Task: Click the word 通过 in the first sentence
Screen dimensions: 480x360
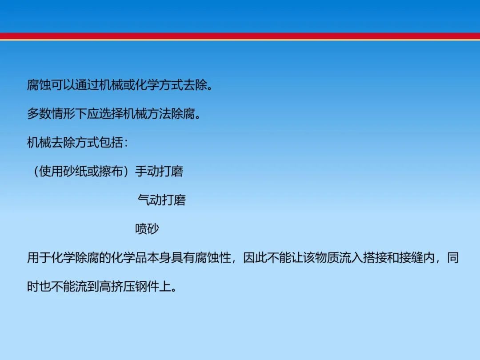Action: coord(87,85)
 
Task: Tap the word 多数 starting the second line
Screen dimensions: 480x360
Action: coord(39,114)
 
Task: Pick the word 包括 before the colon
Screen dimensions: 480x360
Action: coord(111,142)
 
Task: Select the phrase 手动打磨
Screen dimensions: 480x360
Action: coord(159,171)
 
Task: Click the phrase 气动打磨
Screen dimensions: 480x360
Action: coord(162,200)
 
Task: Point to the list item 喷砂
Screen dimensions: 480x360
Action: coord(147,229)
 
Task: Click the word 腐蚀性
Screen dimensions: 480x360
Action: coord(213,257)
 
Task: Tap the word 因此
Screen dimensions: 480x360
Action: coord(255,257)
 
